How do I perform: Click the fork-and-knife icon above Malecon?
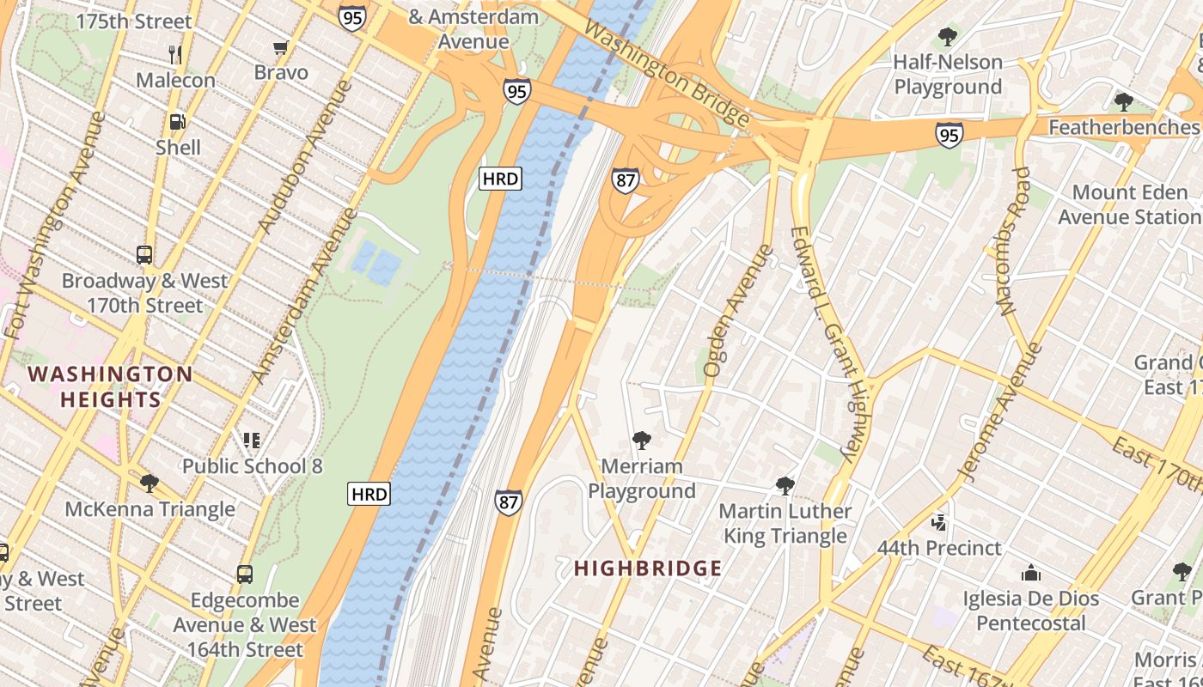click(x=175, y=54)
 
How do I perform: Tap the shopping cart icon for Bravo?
click(x=280, y=48)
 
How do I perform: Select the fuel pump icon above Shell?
click(x=177, y=122)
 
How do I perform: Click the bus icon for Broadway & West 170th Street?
click(x=144, y=255)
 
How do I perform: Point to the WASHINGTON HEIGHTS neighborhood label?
click(x=110, y=386)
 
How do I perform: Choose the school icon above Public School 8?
click(x=252, y=441)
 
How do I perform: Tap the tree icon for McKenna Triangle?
click(x=150, y=483)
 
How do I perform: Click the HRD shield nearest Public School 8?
click(x=369, y=494)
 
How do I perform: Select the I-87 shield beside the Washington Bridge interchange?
click(x=626, y=179)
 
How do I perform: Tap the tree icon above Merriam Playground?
click(x=641, y=441)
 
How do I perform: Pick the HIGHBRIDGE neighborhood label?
click(x=648, y=568)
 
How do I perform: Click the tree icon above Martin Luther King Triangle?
click(x=785, y=486)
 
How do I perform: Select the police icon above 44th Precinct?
click(x=938, y=522)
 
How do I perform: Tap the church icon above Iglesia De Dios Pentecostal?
click(x=1030, y=573)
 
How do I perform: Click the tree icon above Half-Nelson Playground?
click(x=948, y=37)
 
